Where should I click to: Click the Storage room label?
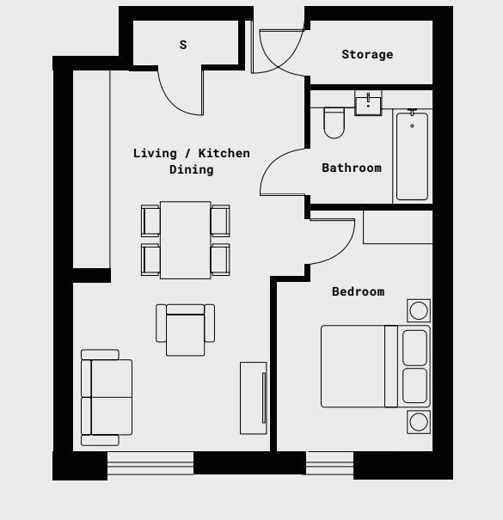click(367, 54)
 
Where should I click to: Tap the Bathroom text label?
click(351, 168)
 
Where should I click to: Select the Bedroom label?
click(358, 291)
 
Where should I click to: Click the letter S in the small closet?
click(183, 45)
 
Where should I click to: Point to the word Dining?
click(191, 169)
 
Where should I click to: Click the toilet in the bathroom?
click(334, 122)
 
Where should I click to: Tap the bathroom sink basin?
click(368, 105)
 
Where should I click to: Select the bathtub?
click(411, 156)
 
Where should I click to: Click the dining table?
click(185, 240)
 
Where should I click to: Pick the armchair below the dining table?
click(185, 328)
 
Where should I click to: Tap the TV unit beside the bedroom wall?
click(254, 398)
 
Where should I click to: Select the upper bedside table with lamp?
click(419, 310)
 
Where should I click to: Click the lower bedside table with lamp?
click(419, 421)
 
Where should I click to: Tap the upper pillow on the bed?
click(414, 346)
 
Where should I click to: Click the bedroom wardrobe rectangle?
click(397, 227)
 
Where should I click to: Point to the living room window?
click(150, 467)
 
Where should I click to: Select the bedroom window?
click(330, 467)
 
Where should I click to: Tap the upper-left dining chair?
click(150, 220)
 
